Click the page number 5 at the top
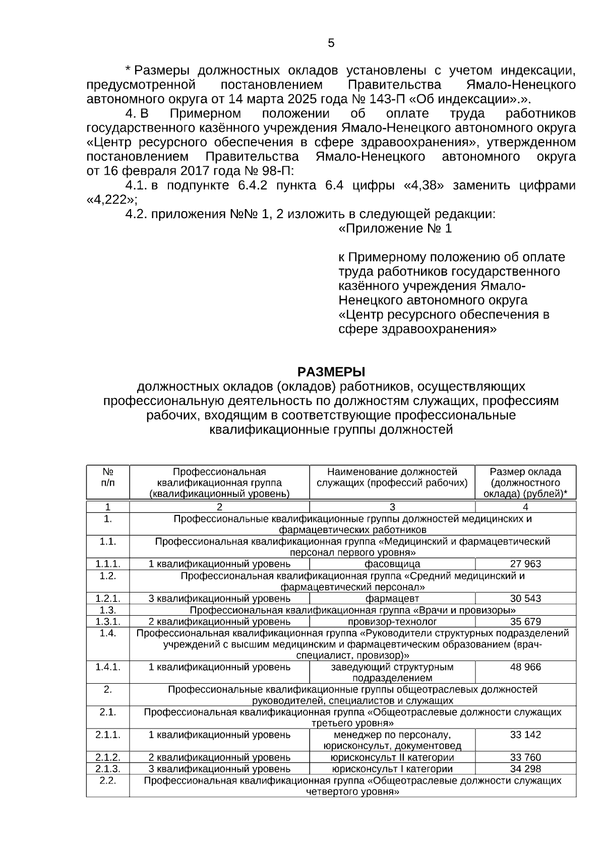331,43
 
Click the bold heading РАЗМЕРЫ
331,372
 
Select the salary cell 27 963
525,564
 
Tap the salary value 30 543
525,599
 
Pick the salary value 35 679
525,621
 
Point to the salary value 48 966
525,667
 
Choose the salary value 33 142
525,735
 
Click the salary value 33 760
525,757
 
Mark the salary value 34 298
525,769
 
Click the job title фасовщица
392,564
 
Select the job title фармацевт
392,599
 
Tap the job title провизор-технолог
392,621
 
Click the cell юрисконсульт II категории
392,757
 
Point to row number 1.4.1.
108,667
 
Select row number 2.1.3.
108,769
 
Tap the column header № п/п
108,477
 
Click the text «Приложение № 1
395,229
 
